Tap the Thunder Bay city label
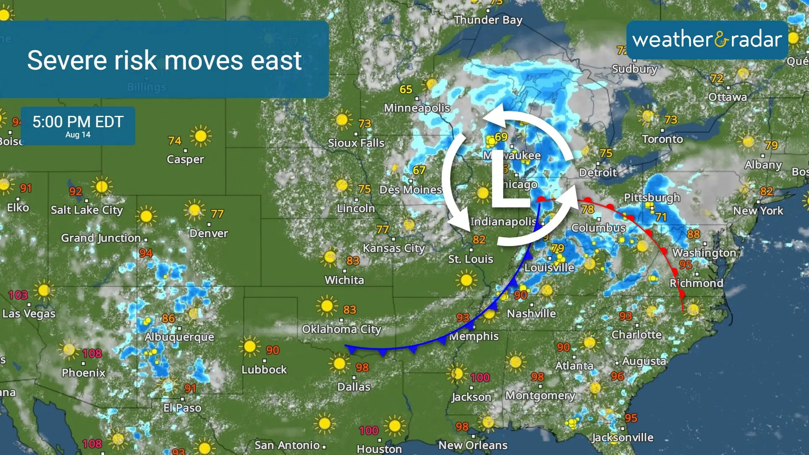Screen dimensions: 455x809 click(x=488, y=20)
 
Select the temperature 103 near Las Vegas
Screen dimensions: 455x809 click(x=18, y=295)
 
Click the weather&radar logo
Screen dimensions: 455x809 click(x=707, y=40)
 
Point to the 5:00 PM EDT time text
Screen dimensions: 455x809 click(x=78, y=122)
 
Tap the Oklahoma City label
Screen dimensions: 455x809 click(x=341, y=329)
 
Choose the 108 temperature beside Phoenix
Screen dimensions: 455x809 click(x=92, y=353)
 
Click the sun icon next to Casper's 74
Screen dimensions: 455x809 click(x=201, y=136)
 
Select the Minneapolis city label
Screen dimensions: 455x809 click(x=417, y=108)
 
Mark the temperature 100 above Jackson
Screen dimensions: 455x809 click(x=480, y=377)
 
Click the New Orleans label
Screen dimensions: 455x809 click(x=473, y=445)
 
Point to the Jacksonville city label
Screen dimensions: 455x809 click(x=622, y=438)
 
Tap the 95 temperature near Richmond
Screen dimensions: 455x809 click(x=686, y=265)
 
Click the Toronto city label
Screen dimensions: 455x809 click(x=662, y=139)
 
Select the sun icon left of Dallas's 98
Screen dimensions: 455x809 click(x=339, y=364)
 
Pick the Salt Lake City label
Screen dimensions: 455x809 click(x=87, y=210)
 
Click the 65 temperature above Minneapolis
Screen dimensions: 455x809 click(x=406, y=89)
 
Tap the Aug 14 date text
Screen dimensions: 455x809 click(x=78, y=135)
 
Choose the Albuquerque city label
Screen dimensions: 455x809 click(x=179, y=337)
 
